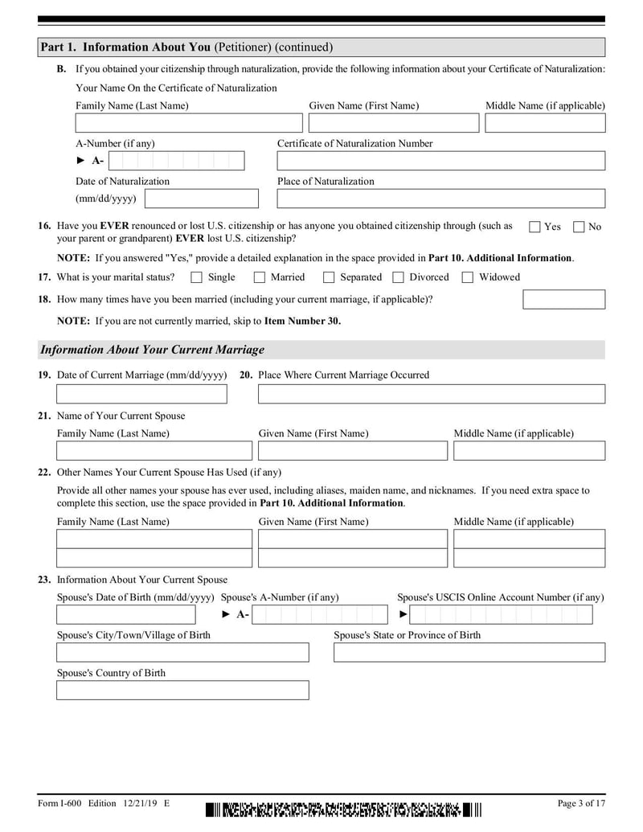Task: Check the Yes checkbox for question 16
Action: click(x=534, y=227)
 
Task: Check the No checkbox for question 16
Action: click(x=579, y=227)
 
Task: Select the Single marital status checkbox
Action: click(x=197, y=277)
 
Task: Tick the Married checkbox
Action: click(x=260, y=277)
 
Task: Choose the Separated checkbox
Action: click(x=329, y=277)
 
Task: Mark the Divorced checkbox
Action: click(x=398, y=277)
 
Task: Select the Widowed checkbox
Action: click(x=467, y=277)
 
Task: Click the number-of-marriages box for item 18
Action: click(x=563, y=300)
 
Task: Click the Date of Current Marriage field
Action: click(x=141, y=394)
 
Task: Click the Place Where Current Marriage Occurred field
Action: click(x=431, y=394)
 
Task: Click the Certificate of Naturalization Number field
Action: click(x=440, y=161)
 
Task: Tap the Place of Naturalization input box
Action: click(x=440, y=199)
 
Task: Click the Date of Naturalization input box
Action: click(x=202, y=199)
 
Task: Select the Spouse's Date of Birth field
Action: click(x=125, y=615)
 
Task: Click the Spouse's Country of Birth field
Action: click(x=182, y=690)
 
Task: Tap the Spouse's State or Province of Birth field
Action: click(x=469, y=652)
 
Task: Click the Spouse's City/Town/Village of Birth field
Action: click(x=182, y=652)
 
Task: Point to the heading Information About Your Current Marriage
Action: click(x=152, y=350)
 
